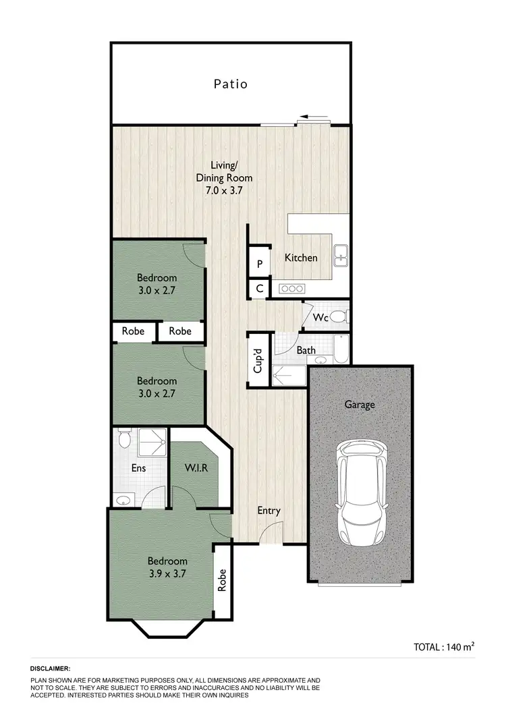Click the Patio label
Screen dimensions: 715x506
(x=231, y=84)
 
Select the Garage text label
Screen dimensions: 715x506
(x=360, y=405)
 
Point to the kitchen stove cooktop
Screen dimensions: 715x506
(x=293, y=289)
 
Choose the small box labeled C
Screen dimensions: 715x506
(x=259, y=289)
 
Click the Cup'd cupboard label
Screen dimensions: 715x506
(x=258, y=360)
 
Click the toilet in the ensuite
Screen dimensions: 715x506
(x=123, y=439)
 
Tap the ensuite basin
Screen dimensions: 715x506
(x=123, y=500)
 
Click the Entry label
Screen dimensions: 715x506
(x=269, y=511)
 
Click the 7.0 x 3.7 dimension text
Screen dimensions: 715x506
(x=224, y=190)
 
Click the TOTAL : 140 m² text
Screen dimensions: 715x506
(x=444, y=646)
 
